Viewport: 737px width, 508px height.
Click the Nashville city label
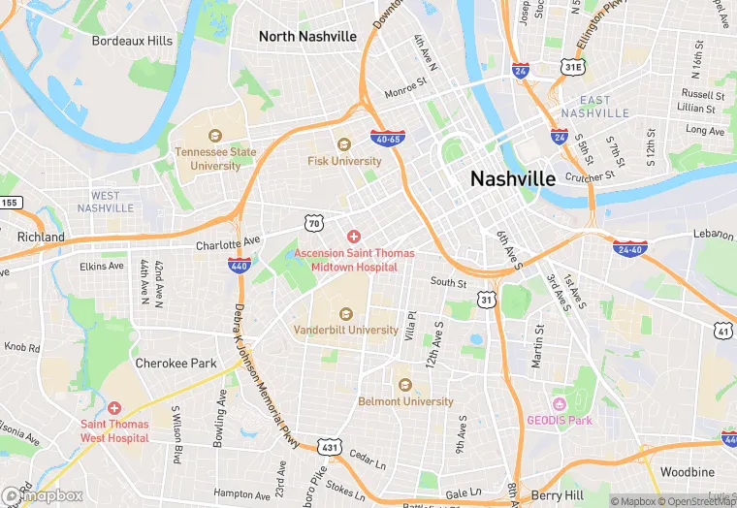coord(512,178)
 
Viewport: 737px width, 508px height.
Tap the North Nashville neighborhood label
coord(307,37)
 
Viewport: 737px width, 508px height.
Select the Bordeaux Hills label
coord(132,41)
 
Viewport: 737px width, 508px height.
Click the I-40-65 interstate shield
coord(387,139)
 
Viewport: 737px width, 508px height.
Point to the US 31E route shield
coord(572,67)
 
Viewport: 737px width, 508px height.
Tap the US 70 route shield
coord(313,224)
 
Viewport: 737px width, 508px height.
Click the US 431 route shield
coord(330,447)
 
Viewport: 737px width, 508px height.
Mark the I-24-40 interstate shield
coord(630,248)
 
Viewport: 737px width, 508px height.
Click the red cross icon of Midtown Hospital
coord(354,237)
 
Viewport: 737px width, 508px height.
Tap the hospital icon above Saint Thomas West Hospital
coord(114,408)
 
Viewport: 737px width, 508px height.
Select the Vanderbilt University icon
coord(345,313)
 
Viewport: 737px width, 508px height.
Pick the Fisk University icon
coord(343,144)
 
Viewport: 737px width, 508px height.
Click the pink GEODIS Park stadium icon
coord(559,403)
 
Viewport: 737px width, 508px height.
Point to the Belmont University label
coord(405,401)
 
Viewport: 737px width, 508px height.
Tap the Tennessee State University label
coord(215,159)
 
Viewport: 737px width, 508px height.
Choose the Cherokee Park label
coord(175,364)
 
